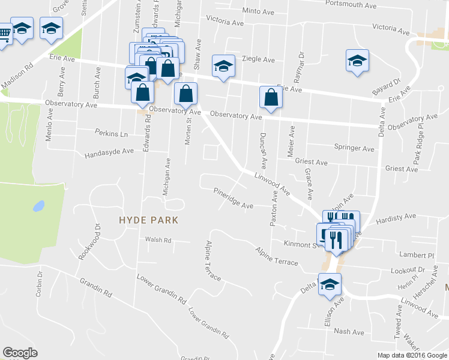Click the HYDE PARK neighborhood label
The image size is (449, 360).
click(148, 220)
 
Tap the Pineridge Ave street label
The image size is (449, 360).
click(234, 199)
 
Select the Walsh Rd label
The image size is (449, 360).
click(158, 240)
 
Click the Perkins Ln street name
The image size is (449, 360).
click(112, 134)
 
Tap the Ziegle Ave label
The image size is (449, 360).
click(258, 59)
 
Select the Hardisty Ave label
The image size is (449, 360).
click(396, 218)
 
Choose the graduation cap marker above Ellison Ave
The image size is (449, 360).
click(330, 284)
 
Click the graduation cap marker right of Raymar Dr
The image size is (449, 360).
click(357, 60)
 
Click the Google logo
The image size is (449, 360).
click(20, 353)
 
